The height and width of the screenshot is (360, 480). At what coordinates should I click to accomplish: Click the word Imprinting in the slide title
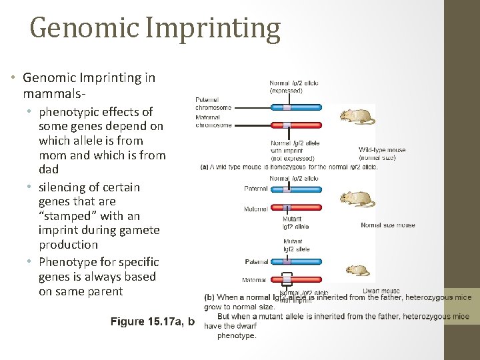225,29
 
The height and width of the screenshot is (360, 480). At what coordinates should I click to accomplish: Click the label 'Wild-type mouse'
382,150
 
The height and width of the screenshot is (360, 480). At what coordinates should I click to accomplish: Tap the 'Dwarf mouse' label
381,291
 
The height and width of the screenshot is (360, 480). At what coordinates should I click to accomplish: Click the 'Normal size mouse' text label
387,225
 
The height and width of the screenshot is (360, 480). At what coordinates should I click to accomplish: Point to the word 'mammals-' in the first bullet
50,93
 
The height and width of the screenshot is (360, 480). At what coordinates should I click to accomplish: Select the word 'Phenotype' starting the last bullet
71,262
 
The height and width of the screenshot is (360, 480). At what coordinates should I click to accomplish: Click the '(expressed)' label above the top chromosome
286,90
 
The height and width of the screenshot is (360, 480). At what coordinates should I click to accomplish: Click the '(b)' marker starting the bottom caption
209,298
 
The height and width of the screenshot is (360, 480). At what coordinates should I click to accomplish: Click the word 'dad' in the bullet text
49,169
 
